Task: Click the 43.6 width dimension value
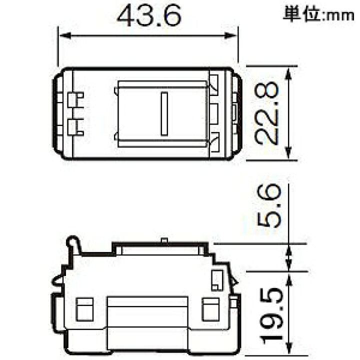(149, 15)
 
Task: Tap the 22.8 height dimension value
(267, 113)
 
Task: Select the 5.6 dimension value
(269, 206)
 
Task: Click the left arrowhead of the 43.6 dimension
(65, 35)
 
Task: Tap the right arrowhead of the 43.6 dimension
(230, 35)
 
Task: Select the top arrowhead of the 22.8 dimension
(288, 73)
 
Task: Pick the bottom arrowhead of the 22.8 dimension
(288, 152)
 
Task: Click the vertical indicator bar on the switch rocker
(164, 113)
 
